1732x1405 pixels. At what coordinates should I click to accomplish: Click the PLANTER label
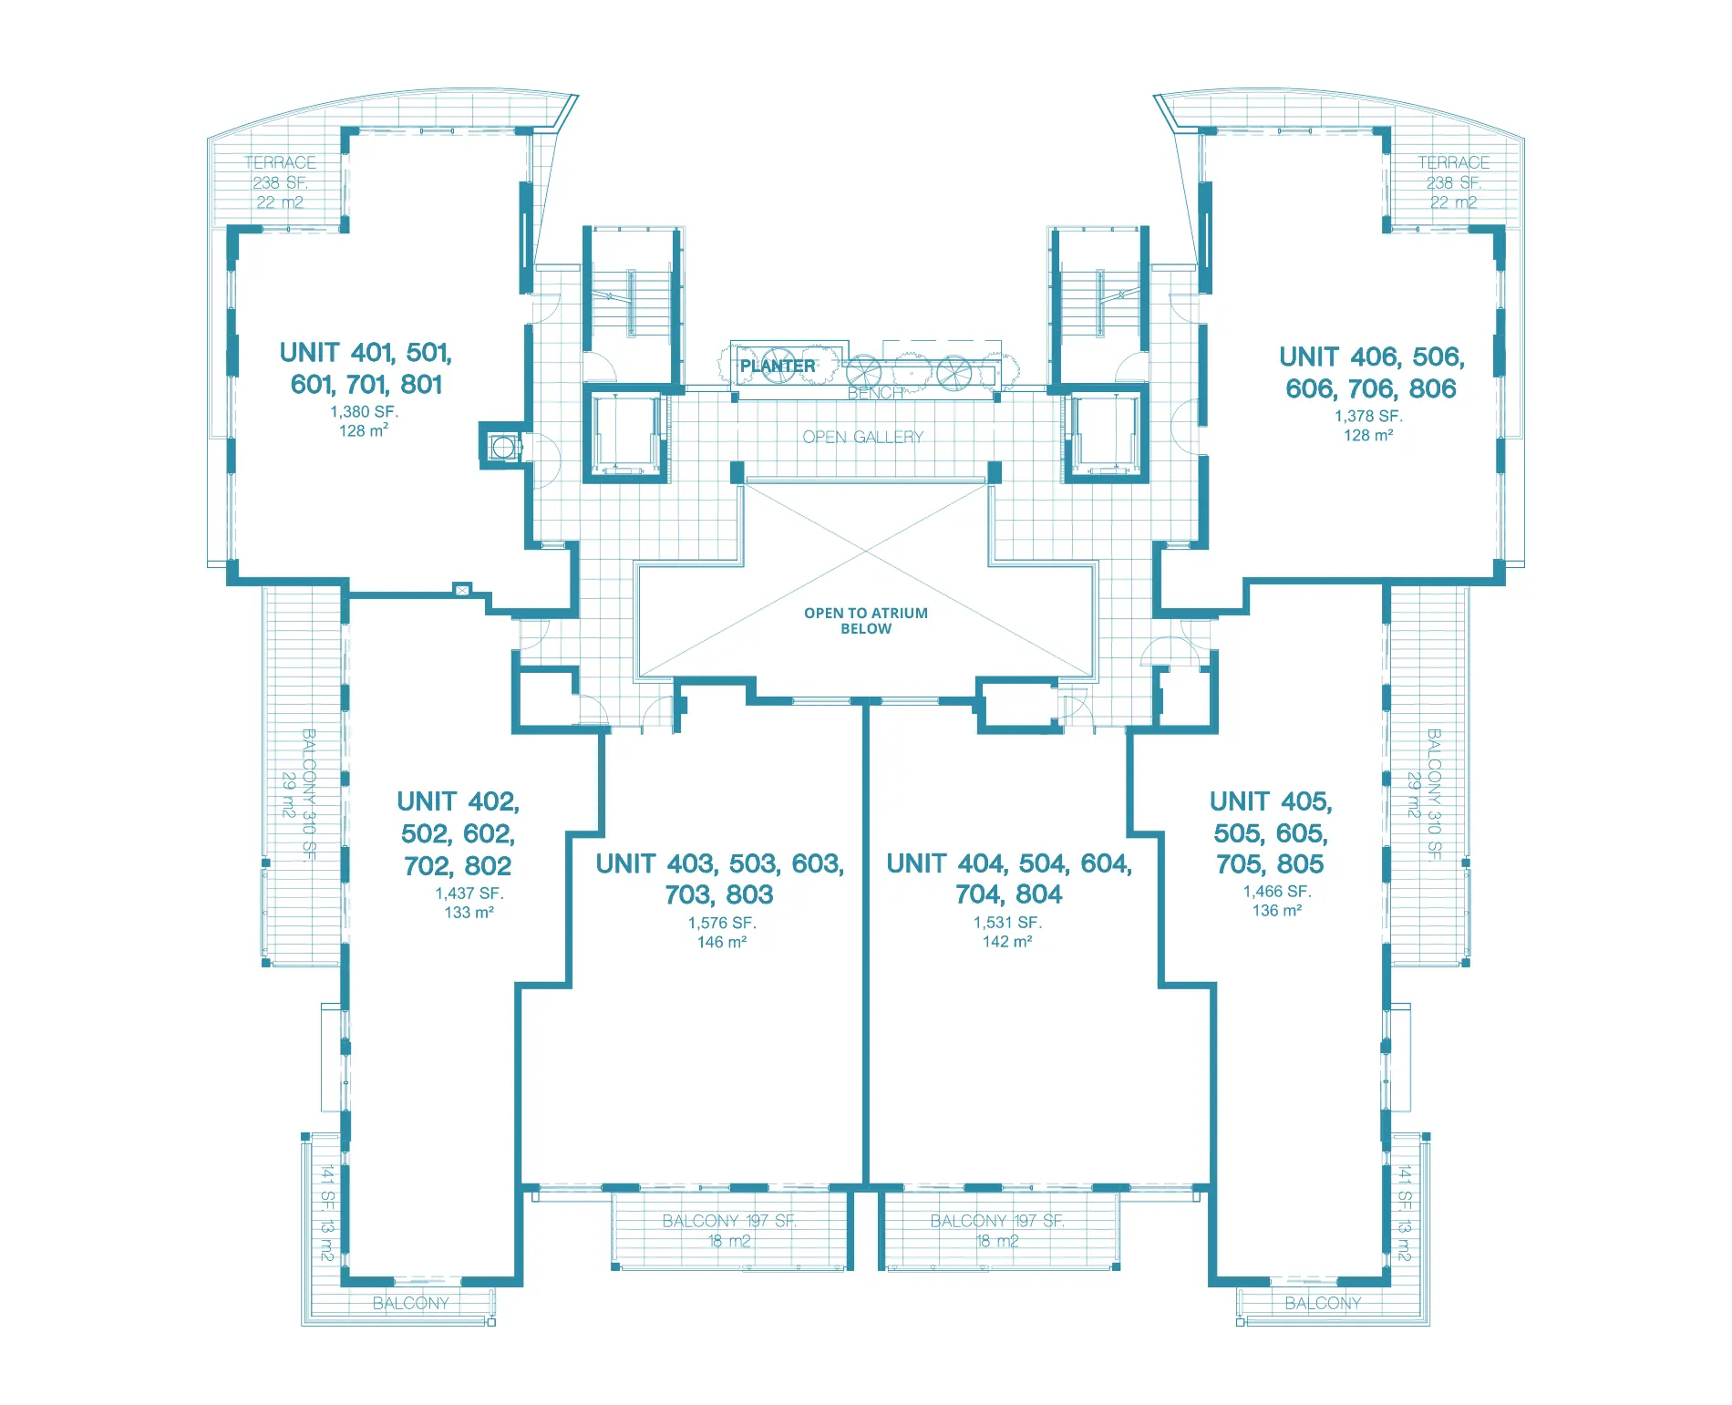pyautogui.click(x=777, y=366)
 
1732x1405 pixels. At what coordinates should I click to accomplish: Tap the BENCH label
pyautogui.click(x=875, y=393)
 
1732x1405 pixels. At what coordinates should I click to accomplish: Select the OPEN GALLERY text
pyautogui.click(x=862, y=437)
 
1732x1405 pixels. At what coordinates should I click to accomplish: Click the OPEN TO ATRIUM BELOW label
pyautogui.click(x=866, y=621)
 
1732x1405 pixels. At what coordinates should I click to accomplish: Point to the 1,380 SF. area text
pyautogui.click(x=364, y=412)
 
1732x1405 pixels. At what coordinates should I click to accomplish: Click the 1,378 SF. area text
pyautogui.click(x=1368, y=416)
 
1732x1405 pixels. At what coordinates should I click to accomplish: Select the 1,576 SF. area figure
pyautogui.click(x=722, y=923)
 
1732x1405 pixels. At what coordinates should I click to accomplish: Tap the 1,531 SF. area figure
pyautogui.click(x=1007, y=923)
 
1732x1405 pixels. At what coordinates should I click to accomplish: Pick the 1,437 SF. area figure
pyautogui.click(x=469, y=894)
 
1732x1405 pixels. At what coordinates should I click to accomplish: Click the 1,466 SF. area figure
pyautogui.click(x=1276, y=892)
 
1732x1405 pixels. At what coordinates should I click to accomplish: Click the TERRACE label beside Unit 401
pyautogui.click(x=280, y=162)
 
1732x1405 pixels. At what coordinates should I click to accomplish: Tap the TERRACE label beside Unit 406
pyautogui.click(x=1453, y=162)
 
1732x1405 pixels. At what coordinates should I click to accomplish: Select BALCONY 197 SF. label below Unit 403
pyautogui.click(x=729, y=1221)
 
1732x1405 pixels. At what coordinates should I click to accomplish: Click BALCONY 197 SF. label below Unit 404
pyautogui.click(x=997, y=1221)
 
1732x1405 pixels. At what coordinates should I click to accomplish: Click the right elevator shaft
pyautogui.click(x=1105, y=434)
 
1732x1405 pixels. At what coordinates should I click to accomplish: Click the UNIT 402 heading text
pyautogui.click(x=458, y=801)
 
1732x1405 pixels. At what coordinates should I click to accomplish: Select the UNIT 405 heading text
pyautogui.click(x=1271, y=801)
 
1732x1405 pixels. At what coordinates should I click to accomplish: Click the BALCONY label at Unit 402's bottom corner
pyautogui.click(x=410, y=1303)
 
